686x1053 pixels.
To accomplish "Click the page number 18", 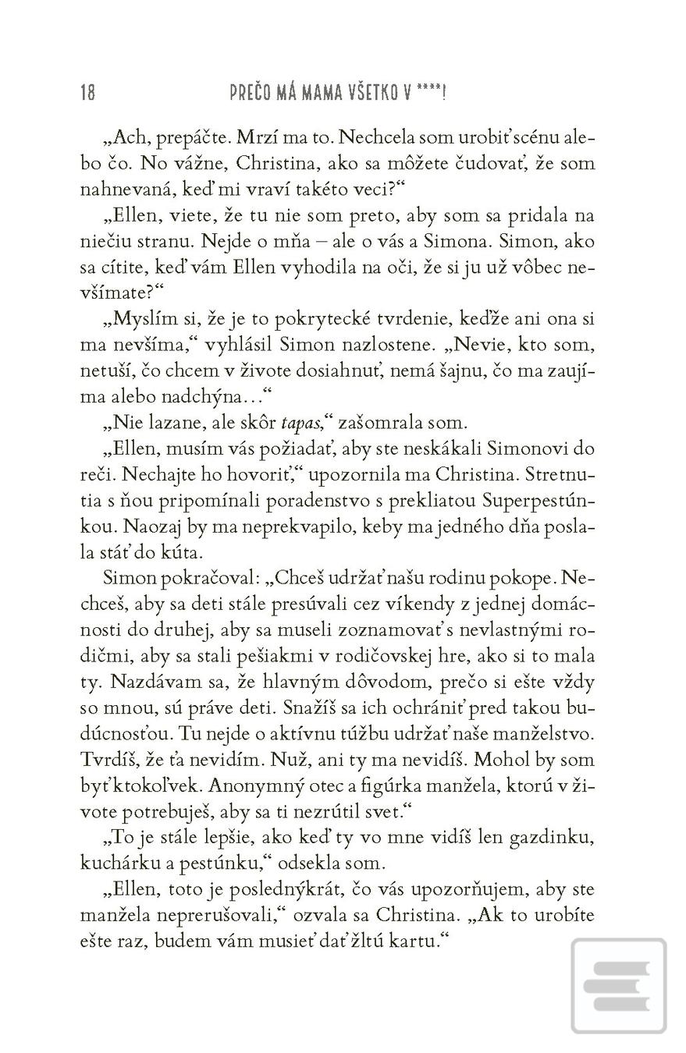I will [87, 93].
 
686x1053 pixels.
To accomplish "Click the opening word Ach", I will [129, 137].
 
